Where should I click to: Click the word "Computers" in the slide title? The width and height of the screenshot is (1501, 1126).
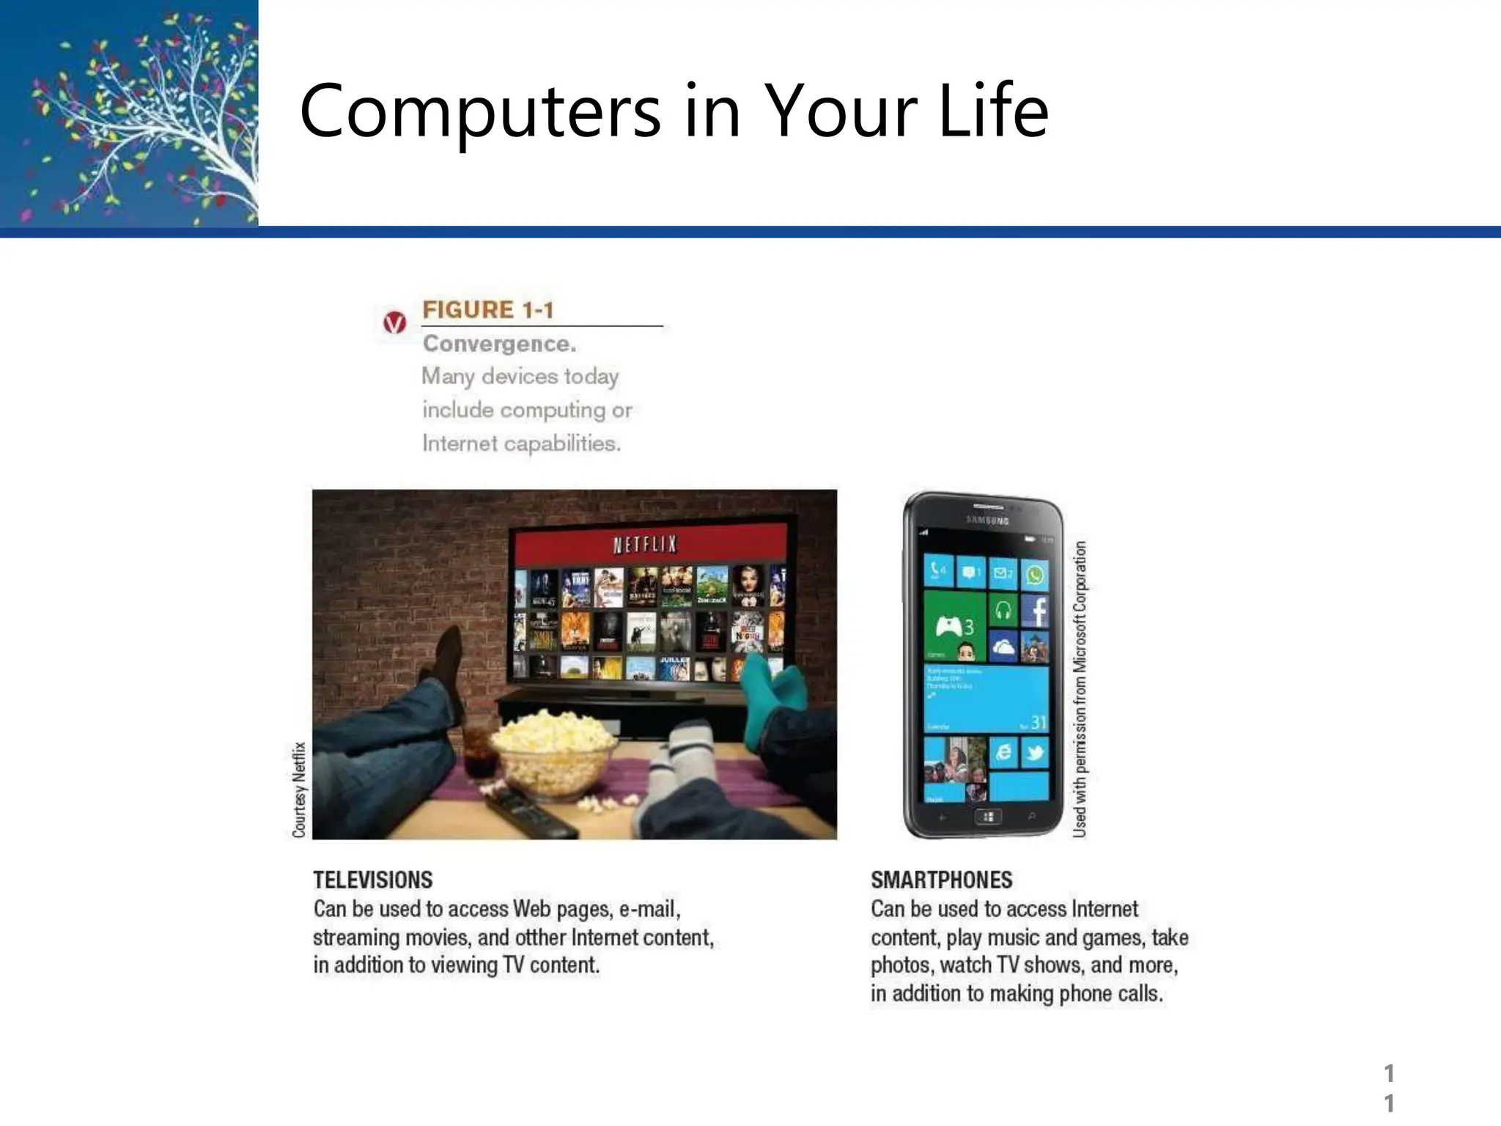pos(480,111)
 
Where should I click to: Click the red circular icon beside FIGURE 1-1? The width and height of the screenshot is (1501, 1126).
pos(394,322)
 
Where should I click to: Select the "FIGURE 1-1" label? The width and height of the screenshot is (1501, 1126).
pos(488,310)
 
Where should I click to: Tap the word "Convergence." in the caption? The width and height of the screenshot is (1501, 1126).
pos(499,344)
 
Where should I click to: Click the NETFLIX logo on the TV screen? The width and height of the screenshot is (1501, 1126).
pos(645,545)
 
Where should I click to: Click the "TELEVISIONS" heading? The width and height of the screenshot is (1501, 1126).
pos(373,880)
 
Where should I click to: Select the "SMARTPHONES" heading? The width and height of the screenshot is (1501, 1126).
pos(941,880)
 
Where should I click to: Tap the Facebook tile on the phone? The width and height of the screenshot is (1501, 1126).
pos(1035,610)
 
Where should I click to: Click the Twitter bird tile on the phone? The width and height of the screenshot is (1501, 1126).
pos(1034,753)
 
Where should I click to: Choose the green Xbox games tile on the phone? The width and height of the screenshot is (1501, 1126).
pos(955,627)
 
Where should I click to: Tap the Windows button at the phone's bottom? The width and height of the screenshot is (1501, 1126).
pos(988,817)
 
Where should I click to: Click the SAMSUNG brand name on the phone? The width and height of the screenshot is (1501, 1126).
pos(987,520)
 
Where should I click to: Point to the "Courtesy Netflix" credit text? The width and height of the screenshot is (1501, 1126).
pos(299,790)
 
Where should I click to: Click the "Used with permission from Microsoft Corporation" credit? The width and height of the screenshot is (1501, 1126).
pos(1080,689)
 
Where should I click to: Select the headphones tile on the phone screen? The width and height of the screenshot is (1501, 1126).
pos(1003,610)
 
